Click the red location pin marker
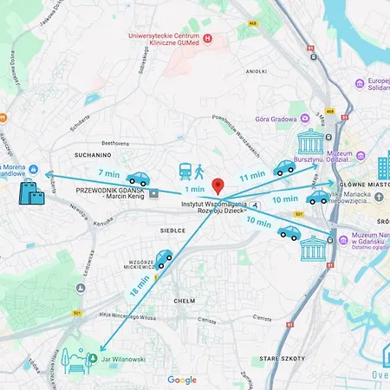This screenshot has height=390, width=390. point(218,186)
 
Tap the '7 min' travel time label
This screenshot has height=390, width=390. point(108,172)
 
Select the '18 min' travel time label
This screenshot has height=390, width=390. point(137,287)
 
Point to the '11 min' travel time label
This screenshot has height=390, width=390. point(252,176)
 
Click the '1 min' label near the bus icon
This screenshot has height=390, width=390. point(194,189)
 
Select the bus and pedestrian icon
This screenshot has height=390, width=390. point(192,172)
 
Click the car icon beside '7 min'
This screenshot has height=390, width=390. point(138,179)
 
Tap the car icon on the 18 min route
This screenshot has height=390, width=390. point(162,259)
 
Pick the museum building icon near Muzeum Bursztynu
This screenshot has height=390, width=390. point(309,143)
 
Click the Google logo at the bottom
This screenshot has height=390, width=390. point(182,380)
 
